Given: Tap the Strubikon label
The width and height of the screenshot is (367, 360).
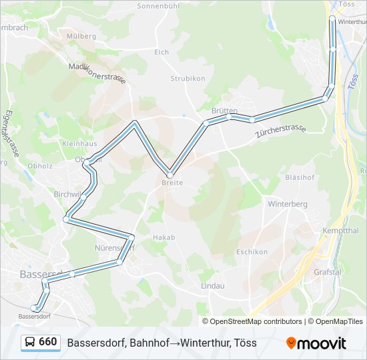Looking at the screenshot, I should (x=188, y=78).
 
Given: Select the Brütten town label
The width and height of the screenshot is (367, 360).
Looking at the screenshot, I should (x=224, y=111).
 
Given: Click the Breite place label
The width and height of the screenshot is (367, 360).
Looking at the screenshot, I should (x=172, y=183).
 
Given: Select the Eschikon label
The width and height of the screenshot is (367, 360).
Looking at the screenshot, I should (x=252, y=252).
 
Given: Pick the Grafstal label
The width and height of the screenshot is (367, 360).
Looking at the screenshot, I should (x=328, y=272).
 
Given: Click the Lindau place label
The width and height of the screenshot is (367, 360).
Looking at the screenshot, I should (x=213, y=285).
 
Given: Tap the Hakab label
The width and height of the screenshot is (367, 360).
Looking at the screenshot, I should (x=163, y=237).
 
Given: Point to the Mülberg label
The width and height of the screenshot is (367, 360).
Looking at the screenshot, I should (x=81, y=36).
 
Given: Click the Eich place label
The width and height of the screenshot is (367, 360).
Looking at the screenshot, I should (x=161, y=52).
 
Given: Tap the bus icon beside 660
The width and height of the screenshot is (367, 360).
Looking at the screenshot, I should (x=30, y=343).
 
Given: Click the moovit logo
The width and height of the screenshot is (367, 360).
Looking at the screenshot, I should (x=316, y=343).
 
